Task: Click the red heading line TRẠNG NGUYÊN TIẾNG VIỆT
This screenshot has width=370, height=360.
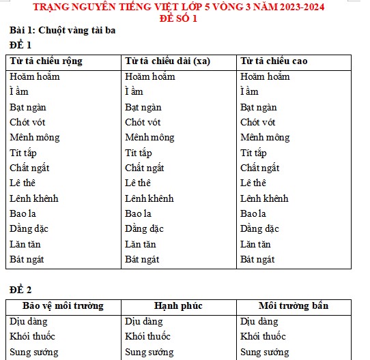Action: point(184,7)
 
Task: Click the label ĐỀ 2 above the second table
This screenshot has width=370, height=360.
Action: point(20,289)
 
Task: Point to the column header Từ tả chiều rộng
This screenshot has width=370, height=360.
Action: point(46,61)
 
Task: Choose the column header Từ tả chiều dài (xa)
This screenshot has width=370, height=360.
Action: point(167,61)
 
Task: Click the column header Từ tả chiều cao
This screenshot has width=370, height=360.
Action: point(274,61)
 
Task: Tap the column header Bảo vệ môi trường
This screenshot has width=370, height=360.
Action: point(63,305)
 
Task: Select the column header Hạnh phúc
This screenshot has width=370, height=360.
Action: point(178,305)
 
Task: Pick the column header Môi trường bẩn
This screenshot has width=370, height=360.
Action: point(293,305)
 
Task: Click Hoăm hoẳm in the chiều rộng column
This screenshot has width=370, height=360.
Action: point(35,76)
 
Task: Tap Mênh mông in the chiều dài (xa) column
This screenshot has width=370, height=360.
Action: point(150,137)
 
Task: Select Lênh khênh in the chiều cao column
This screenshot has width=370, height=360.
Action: point(264,198)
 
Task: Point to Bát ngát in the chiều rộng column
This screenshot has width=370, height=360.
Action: point(27,259)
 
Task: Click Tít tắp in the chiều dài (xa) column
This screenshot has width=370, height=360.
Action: point(139,153)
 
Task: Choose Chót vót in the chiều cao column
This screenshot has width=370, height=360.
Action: point(258,122)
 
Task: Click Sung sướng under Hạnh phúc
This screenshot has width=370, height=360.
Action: point(148,352)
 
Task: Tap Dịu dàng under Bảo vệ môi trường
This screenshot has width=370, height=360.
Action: point(29,321)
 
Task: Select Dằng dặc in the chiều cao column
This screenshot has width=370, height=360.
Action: point(259,228)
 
